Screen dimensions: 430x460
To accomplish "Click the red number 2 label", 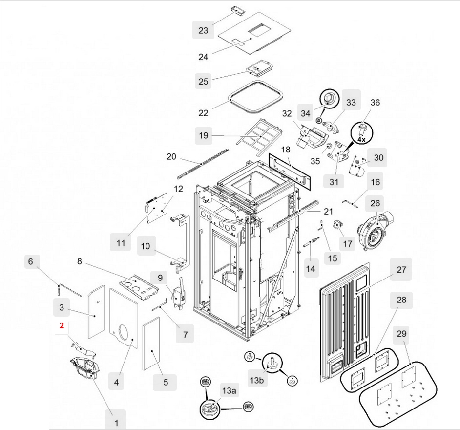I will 62,325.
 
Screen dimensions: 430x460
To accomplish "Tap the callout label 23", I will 203,30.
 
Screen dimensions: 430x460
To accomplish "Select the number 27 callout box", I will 401,270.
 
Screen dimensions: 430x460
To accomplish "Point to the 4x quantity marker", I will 361,140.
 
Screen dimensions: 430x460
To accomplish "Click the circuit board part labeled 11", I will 159,207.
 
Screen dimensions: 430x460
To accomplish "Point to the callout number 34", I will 306,113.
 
